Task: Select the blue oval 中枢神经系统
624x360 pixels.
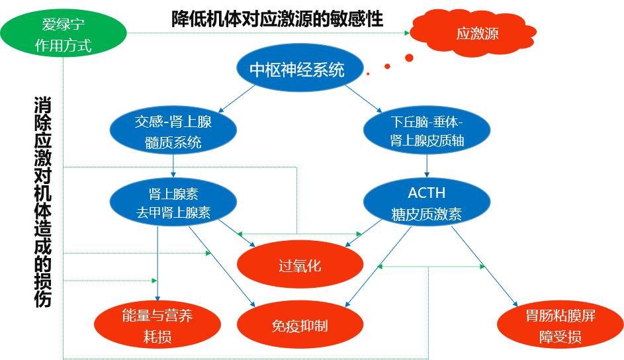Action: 297,69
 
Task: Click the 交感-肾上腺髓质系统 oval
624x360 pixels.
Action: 173,131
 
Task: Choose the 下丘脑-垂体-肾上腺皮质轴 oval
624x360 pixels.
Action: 427,131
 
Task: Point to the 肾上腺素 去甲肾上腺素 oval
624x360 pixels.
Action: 173,203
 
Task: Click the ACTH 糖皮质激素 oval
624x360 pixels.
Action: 427,203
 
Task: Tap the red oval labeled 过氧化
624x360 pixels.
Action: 300,265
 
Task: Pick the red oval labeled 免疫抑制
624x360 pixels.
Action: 300,326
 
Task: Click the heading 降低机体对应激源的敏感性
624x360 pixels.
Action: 277,19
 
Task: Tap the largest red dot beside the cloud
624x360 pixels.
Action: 409,58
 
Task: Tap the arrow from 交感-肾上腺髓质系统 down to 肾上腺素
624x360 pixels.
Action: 173,165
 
